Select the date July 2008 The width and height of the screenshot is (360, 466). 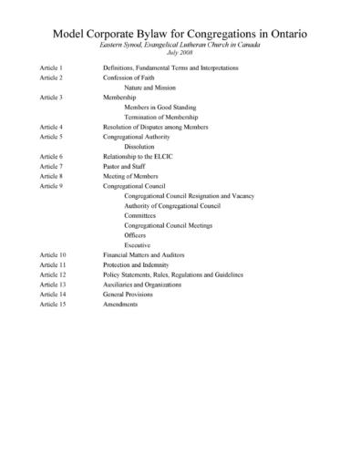coord(180,54)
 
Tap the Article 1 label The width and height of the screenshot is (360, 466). coord(52,68)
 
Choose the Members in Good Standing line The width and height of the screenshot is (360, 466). coord(162,107)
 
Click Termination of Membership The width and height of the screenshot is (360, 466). coord(164,117)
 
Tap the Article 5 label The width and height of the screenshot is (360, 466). coord(52,136)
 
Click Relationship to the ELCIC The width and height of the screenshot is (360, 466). coord(144,156)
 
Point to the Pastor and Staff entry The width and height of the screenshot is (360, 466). coord(129,166)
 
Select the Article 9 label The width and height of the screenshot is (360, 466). coord(52,185)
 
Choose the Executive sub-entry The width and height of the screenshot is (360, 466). coord(138,244)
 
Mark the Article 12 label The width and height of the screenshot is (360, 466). coord(53,274)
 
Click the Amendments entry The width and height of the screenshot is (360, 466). coord(121,304)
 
